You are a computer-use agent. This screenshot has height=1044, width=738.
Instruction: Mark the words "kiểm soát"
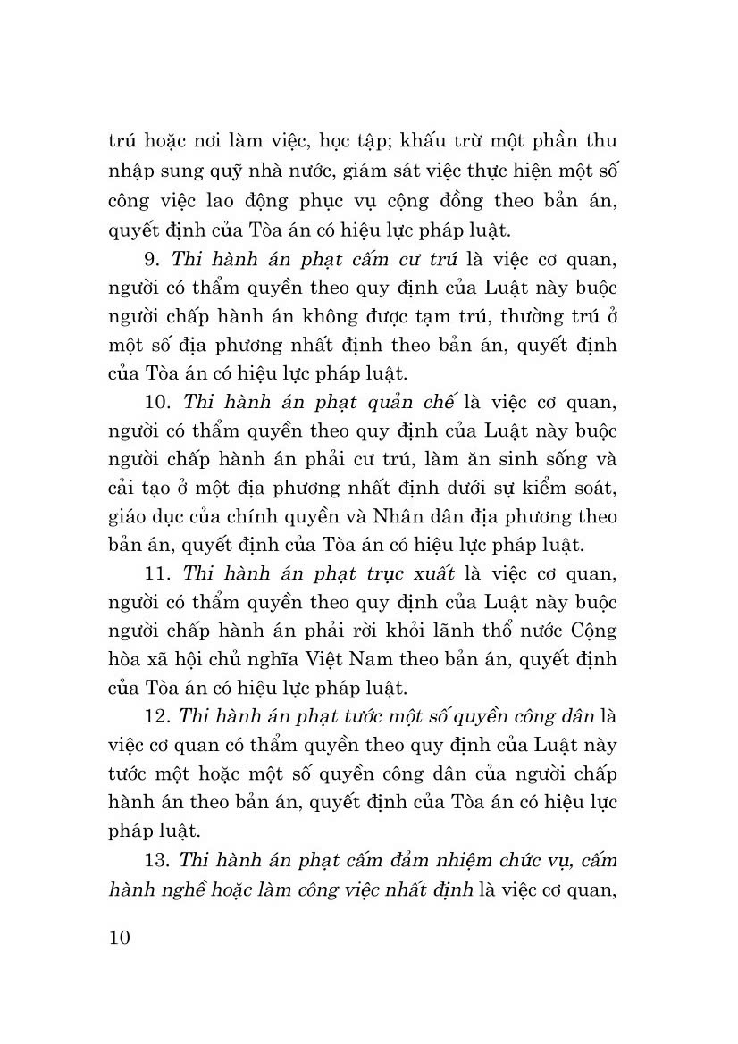pos(574,488)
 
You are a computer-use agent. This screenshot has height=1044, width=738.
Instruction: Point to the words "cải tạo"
pos(138,488)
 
